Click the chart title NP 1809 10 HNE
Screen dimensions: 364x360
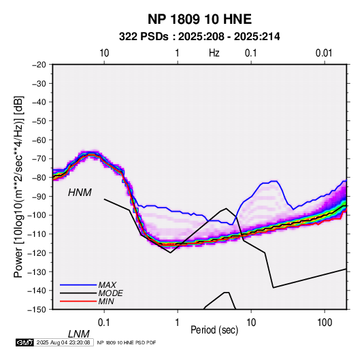199,19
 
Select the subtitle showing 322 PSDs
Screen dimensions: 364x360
199,37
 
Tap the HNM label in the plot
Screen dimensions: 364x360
80,193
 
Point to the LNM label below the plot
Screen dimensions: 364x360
78,334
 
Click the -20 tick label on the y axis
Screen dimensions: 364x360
39,65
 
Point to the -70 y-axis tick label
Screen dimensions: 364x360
39,159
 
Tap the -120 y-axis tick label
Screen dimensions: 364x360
37,252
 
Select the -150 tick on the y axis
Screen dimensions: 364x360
37,310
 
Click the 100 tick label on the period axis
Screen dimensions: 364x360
325,323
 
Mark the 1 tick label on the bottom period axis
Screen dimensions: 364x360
178,323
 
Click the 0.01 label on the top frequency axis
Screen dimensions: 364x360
324,53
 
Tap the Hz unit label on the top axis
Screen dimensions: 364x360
214,53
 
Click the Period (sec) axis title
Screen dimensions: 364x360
214,330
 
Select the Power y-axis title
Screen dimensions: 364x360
18,187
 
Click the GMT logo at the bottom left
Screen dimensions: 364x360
25,342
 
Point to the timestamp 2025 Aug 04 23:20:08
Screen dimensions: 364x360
63,342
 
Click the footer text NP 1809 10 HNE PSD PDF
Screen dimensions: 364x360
127,342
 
